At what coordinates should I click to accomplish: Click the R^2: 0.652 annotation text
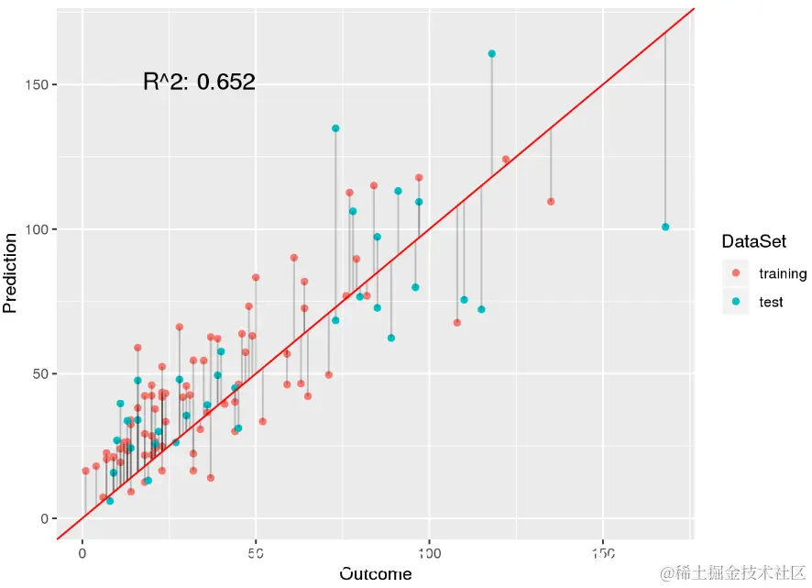[199, 83]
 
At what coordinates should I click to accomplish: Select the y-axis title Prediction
[11, 273]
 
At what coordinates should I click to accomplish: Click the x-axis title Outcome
[376, 574]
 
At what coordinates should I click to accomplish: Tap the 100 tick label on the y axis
[36, 229]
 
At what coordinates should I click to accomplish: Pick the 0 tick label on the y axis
[42, 518]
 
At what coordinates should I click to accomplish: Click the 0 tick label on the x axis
[82, 553]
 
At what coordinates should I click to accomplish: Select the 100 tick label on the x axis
[429, 553]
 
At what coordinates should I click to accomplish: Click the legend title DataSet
[754, 242]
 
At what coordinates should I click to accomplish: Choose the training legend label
[782, 273]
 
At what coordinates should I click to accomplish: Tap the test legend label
[771, 301]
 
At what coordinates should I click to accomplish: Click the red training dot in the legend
[736, 273]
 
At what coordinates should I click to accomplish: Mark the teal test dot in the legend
[736, 301]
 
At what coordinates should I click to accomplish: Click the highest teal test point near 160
[491, 54]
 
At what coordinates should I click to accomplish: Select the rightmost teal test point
[665, 227]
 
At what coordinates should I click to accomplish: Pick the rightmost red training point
[551, 202]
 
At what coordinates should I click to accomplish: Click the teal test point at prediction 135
[335, 128]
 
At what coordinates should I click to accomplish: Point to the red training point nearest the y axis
[85, 471]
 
